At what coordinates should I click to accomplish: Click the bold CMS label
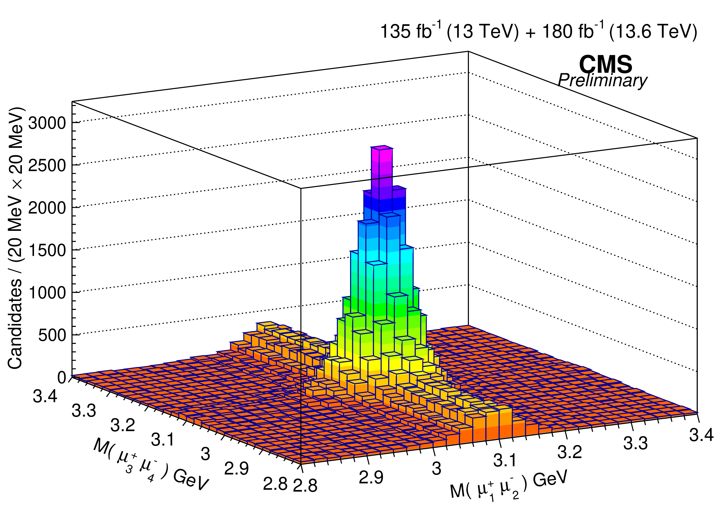tap(606, 64)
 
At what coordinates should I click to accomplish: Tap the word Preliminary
tap(602, 81)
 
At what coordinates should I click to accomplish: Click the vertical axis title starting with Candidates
tap(15, 238)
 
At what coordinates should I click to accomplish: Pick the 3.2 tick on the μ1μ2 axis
tap(570, 452)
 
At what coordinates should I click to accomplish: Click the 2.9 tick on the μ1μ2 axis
tap(371, 477)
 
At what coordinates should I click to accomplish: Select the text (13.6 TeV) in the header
tap(653, 32)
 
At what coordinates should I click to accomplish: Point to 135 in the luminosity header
tap(393, 32)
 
